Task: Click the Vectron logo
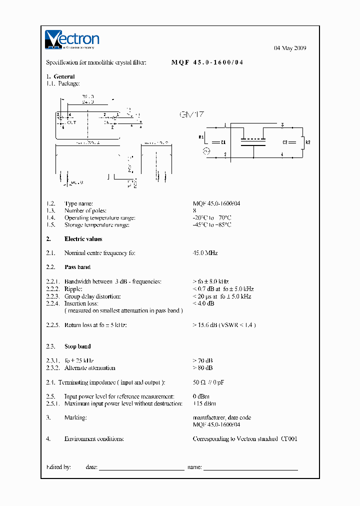click(x=72, y=40)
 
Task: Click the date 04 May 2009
click(x=290, y=48)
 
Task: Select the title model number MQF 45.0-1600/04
click(x=207, y=63)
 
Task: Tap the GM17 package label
click(x=192, y=115)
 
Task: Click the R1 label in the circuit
click(x=201, y=136)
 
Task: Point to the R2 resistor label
click(x=308, y=142)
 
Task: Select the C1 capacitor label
click(x=223, y=142)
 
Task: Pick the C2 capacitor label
click(x=285, y=142)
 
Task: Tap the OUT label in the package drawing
click(x=71, y=122)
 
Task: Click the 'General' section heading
click(x=64, y=76)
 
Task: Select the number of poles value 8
click(x=194, y=211)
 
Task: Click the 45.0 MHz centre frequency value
click(x=205, y=253)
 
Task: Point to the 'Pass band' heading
click(x=77, y=267)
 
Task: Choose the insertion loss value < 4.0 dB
click(x=203, y=303)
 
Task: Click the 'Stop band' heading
click(x=77, y=346)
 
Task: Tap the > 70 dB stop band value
click(x=202, y=360)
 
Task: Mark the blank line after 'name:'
click(x=250, y=467)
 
